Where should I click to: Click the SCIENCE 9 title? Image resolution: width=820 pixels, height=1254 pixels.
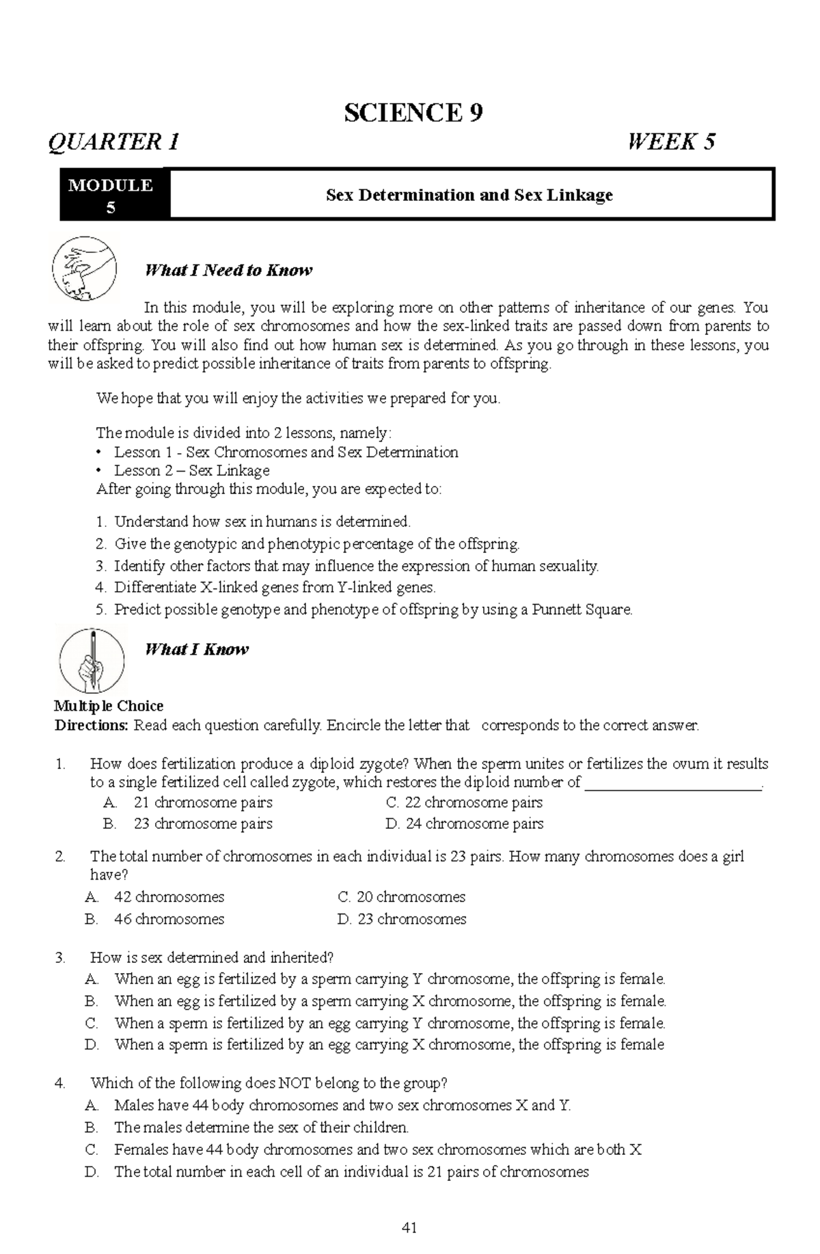tap(413, 113)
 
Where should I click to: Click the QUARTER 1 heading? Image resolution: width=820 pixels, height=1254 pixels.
tap(113, 142)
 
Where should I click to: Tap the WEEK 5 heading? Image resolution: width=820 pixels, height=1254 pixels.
tap(671, 142)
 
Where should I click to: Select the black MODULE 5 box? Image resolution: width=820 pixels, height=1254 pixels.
tap(111, 195)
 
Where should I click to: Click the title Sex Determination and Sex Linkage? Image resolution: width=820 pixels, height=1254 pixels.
tap(469, 195)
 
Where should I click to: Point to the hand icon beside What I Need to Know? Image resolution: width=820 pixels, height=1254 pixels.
tap(84, 269)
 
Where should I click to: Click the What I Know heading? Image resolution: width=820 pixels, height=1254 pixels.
tap(196, 649)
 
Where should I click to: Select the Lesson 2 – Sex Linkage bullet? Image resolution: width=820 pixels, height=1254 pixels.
tap(191, 470)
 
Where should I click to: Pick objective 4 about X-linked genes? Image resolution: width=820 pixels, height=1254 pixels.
tap(273, 587)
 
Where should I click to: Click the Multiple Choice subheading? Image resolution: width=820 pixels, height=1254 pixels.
tap(109, 706)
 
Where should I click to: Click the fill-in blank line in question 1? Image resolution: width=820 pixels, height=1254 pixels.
tap(673, 783)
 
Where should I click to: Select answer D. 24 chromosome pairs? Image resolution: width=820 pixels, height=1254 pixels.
tap(465, 823)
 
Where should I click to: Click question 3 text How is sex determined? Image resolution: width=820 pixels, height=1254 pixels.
tap(211, 957)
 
